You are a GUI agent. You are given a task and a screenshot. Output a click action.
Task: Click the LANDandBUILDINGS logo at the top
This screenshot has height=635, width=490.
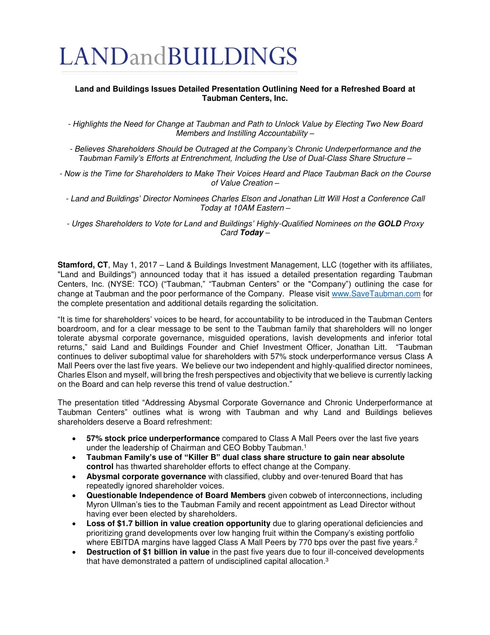178,57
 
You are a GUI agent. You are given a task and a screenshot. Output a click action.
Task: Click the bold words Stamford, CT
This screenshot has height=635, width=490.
83,265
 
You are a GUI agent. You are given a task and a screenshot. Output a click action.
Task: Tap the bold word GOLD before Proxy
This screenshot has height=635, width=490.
389,224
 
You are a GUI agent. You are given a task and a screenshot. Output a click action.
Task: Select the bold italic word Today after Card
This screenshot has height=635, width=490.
252,233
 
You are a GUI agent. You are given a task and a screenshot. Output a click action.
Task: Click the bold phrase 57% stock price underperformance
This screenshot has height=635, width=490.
153,439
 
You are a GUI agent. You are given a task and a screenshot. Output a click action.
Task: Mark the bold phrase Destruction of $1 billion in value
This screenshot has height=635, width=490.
148,552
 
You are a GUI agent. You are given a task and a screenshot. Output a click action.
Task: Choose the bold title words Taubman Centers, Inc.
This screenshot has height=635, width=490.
245,99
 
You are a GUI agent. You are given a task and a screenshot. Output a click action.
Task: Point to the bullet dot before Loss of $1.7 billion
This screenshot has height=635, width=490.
74,524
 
